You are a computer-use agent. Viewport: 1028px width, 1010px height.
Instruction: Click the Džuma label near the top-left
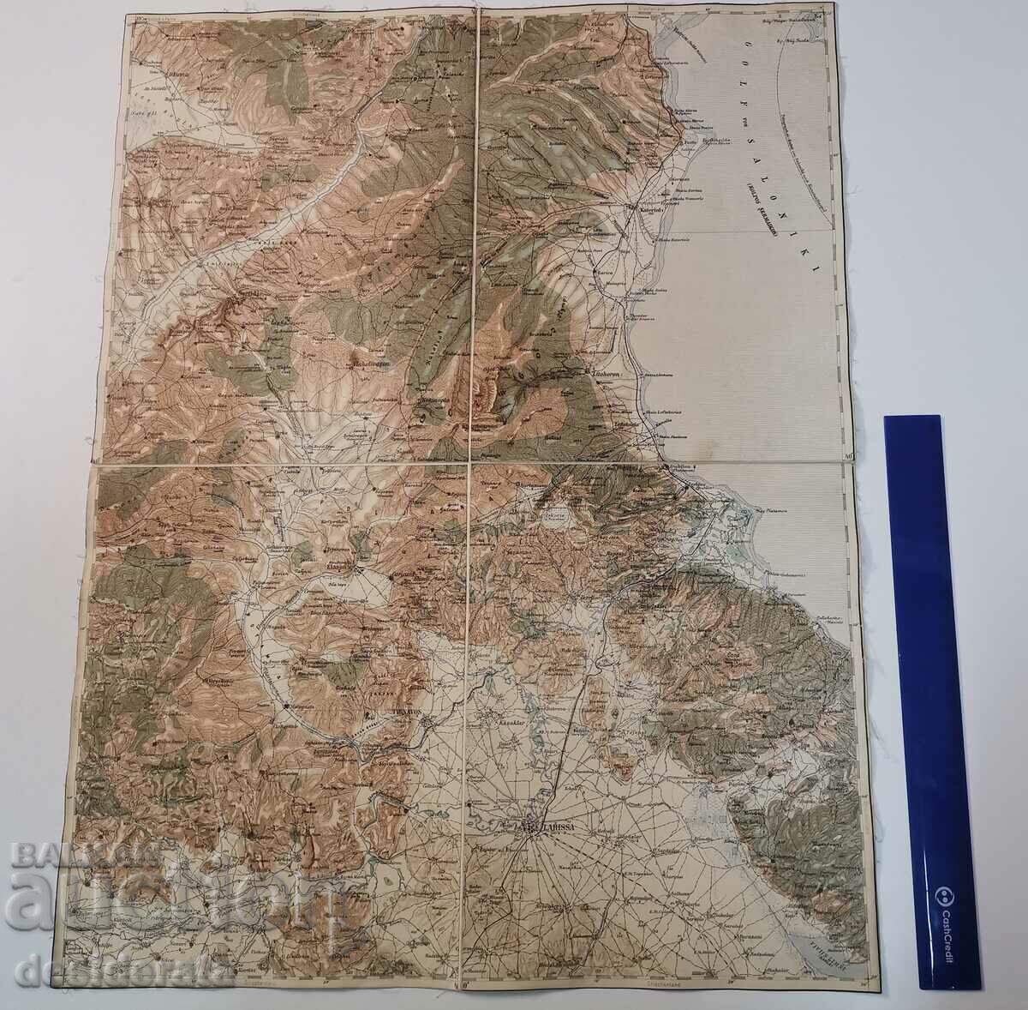158,75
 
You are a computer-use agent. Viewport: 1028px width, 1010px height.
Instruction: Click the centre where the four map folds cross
472,464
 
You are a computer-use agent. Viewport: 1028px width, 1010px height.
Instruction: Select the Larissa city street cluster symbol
531,827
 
